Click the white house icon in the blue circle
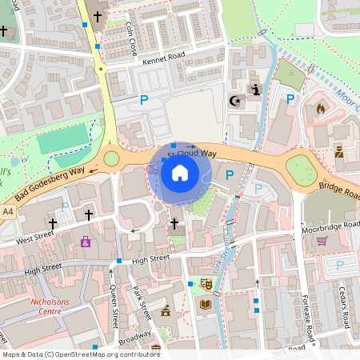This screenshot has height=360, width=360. click(180, 172)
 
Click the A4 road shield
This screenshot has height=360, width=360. click(8, 211)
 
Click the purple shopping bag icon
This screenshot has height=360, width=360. click(86, 241)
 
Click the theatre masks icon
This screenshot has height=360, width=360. click(206, 283)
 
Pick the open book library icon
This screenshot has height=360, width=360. click(206, 305)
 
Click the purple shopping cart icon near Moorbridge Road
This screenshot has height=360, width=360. click(322, 240)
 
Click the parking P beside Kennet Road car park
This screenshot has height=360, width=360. click(145, 100)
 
